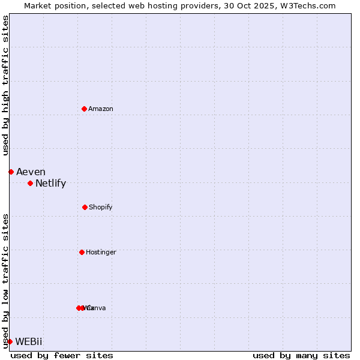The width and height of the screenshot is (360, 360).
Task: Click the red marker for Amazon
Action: (x=84, y=109)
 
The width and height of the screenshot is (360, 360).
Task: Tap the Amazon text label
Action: (x=101, y=109)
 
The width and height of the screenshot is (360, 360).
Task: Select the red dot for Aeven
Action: (x=11, y=172)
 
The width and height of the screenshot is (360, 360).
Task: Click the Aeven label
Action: (x=31, y=172)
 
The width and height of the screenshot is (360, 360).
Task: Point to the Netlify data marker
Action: (x=30, y=183)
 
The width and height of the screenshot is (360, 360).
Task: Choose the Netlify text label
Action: (x=50, y=184)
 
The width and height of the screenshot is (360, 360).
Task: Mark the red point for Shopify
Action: (x=85, y=207)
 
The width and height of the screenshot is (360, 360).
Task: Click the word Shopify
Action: (x=101, y=207)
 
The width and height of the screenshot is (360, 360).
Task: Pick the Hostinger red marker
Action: (x=82, y=252)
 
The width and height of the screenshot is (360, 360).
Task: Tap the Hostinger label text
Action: (x=101, y=252)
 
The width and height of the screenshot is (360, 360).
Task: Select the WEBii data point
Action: (x=10, y=341)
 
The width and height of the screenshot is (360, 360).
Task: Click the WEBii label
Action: (x=29, y=342)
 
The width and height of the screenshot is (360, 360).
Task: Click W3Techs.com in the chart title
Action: (x=306, y=5)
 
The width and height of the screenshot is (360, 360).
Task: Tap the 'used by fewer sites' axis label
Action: (x=62, y=355)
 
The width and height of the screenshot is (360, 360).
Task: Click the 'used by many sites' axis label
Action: (x=301, y=355)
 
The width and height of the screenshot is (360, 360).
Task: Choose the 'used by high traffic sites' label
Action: (x=5, y=85)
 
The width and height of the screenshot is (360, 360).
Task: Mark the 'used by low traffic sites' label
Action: (x=5, y=280)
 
